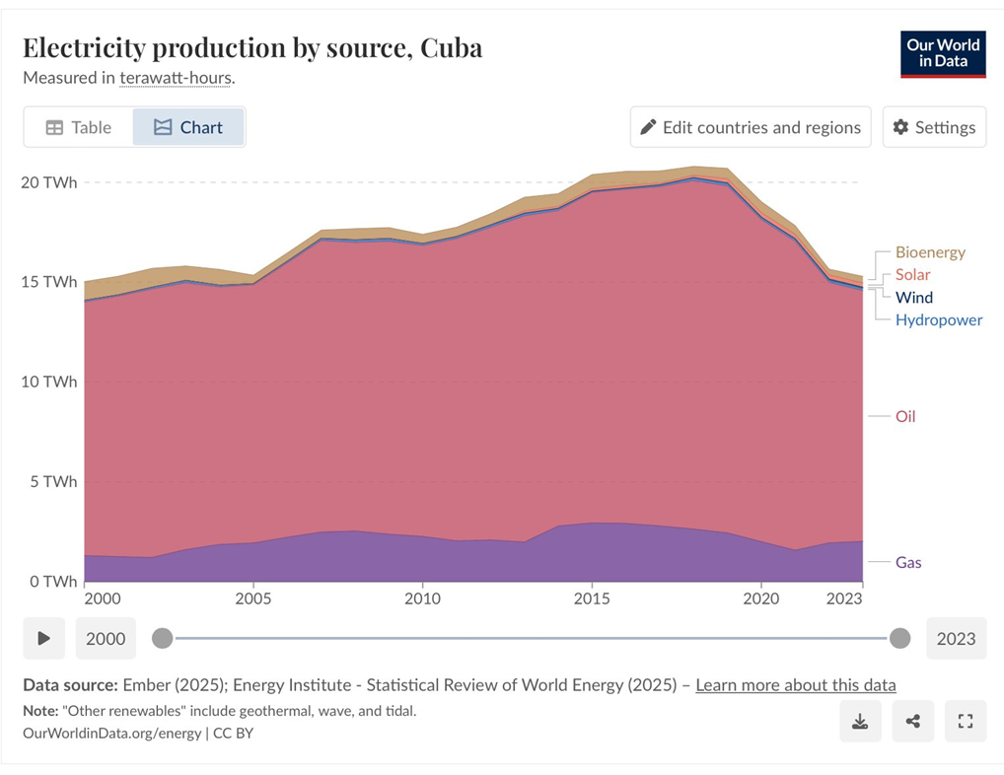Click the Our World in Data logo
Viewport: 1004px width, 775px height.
point(943,54)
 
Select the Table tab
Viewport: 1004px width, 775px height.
point(79,127)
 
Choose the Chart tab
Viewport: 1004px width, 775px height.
point(188,127)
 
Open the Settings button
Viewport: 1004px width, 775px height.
point(934,127)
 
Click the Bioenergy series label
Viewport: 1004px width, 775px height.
point(930,252)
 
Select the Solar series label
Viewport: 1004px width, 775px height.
point(912,275)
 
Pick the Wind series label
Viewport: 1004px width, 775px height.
point(913,297)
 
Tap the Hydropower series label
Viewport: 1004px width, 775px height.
point(938,319)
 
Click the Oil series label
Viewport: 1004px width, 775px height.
point(905,416)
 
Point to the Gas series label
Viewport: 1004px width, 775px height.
point(908,562)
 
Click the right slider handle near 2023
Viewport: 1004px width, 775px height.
point(899,638)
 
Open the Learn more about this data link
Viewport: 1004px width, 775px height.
point(795,684)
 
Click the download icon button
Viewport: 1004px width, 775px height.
point(860,722)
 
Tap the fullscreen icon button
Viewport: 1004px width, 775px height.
point(966,722)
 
